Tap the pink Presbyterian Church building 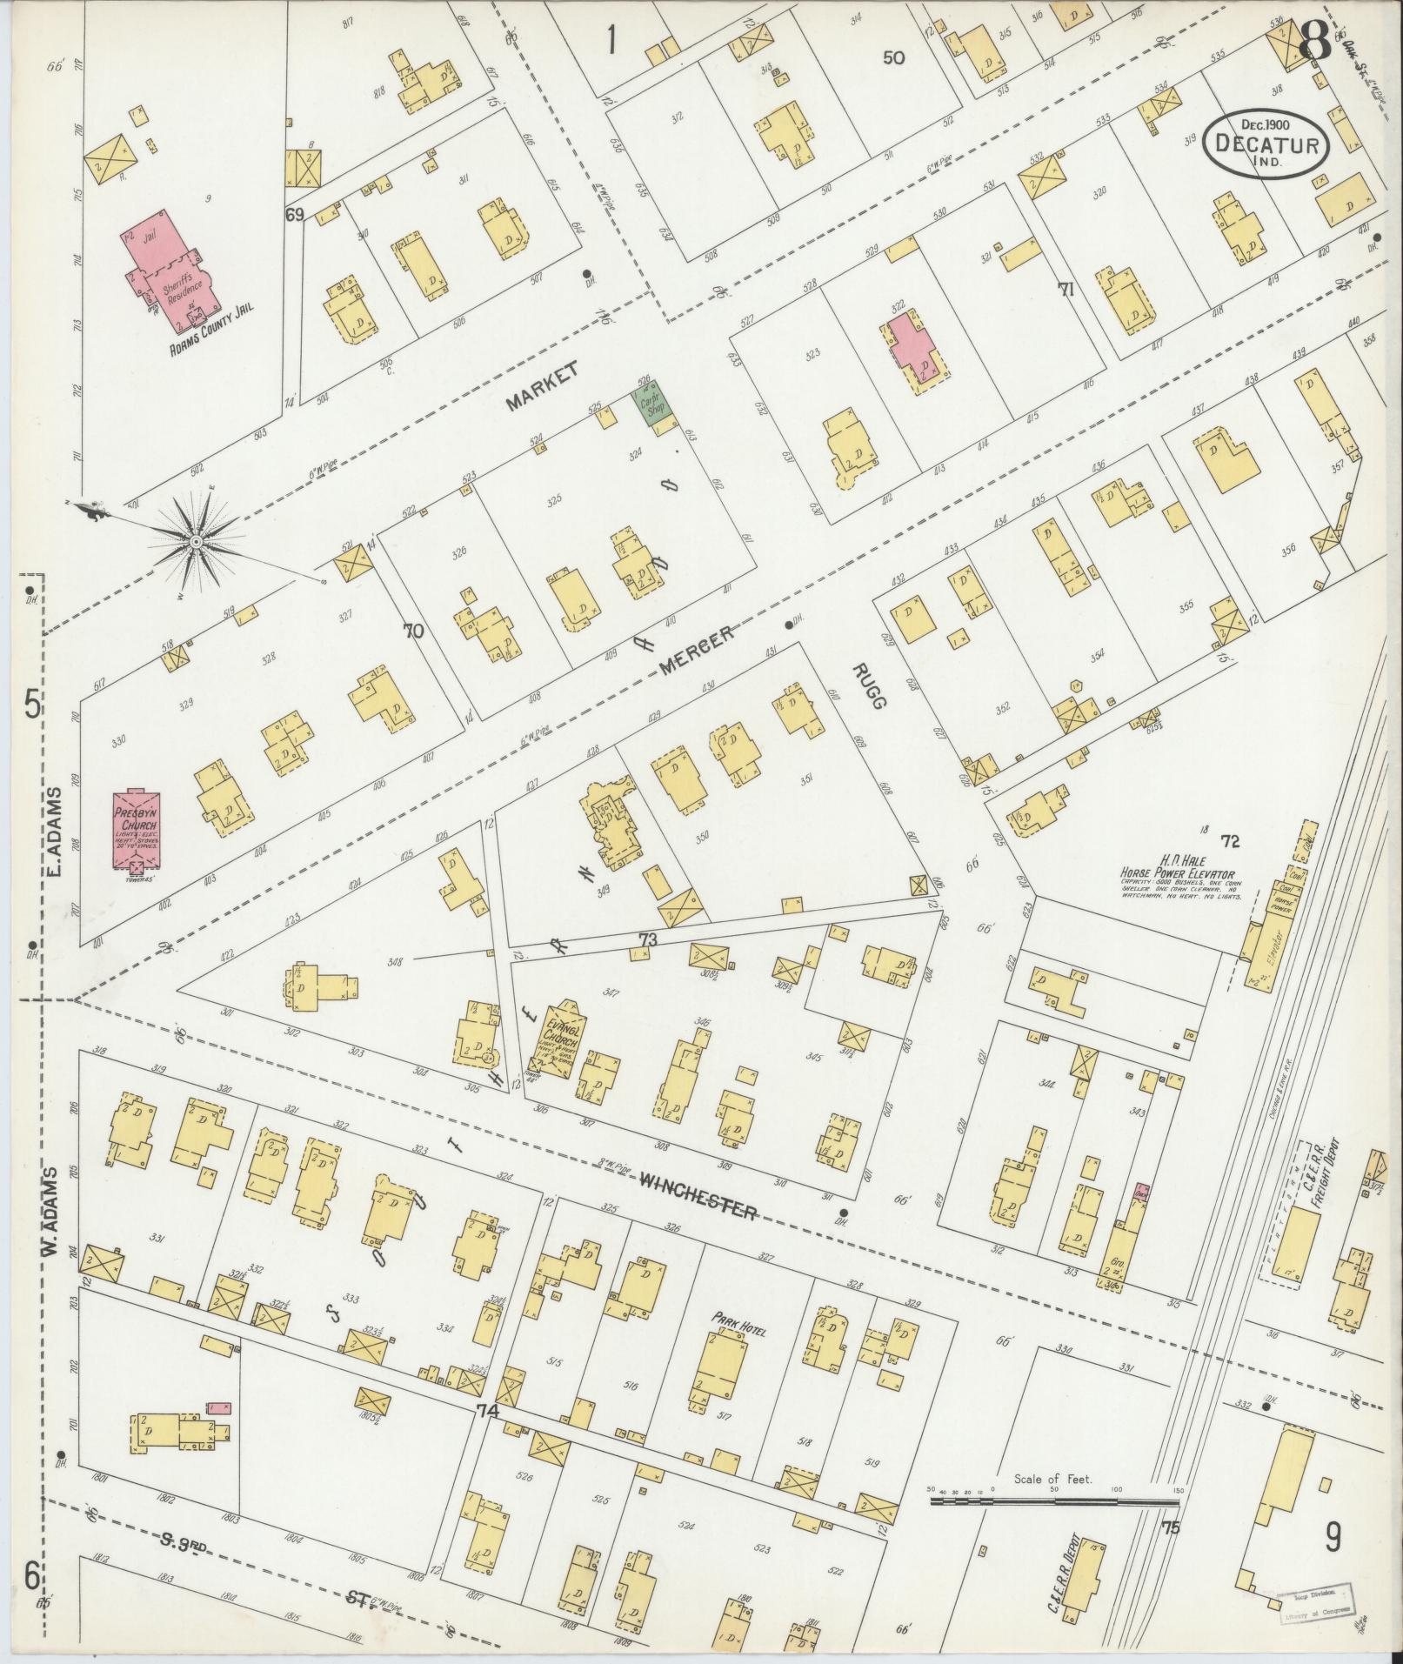point(133,827)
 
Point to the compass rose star point(197,541)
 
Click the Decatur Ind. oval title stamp point(1266,144)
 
